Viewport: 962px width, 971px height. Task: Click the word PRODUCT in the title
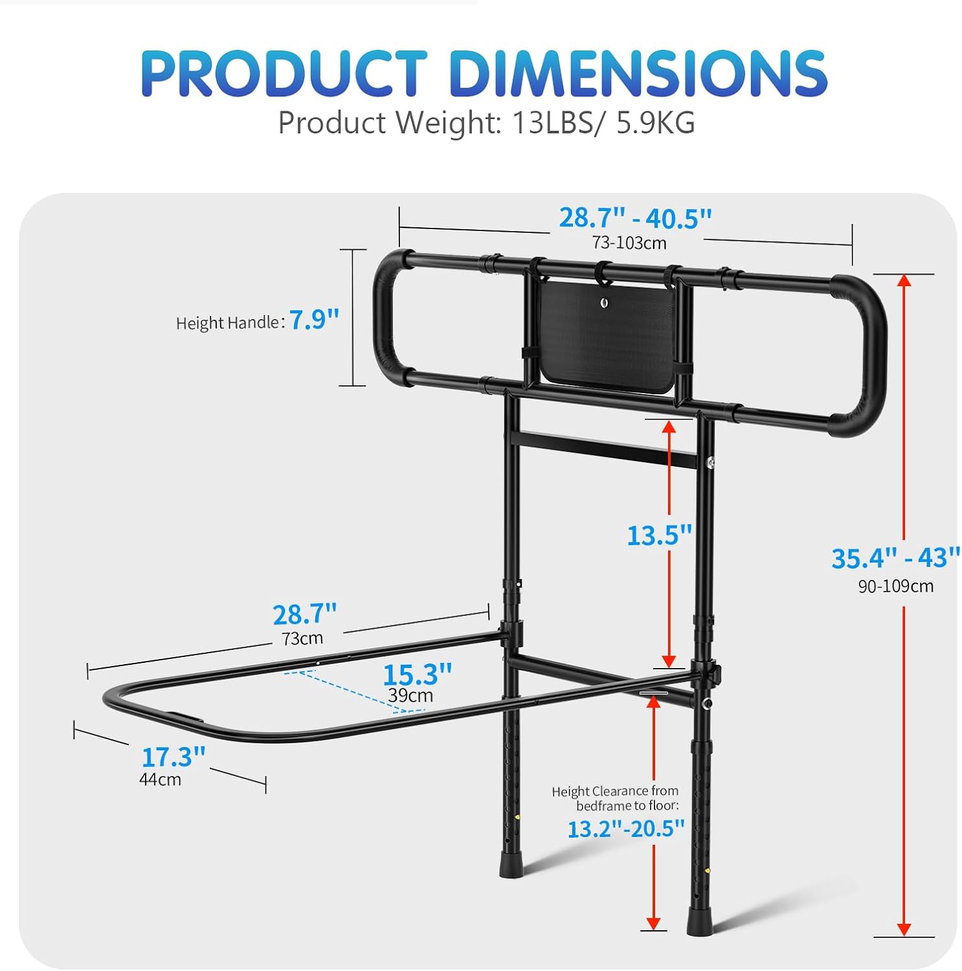(x=284, y=73)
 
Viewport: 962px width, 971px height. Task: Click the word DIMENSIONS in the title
(x=638, y=73)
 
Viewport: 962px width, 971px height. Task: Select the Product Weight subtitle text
(x=486, y=122)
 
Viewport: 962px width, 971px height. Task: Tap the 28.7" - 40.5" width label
(x=635, y=218)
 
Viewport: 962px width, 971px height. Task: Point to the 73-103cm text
(x=629, y=243)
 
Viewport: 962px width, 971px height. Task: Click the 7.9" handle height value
(x=314, y=320)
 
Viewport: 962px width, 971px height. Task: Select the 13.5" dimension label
(x=659, y=535)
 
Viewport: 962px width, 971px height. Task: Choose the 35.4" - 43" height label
(x=895, y=558)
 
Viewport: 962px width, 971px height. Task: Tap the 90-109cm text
(x=895, y=586)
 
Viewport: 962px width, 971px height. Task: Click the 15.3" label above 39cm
(x=417, y=675)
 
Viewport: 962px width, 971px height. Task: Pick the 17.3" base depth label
(x=173, y=757)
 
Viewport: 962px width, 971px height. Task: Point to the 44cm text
(x=160, y=779)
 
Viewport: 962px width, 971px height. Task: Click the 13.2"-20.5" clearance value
(x=625, y=829)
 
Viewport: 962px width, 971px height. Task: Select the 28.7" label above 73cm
(x=304, y=614)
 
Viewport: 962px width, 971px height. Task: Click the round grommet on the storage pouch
(x=605, y=302)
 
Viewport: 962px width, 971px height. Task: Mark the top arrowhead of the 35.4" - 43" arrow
(x=904, y=280)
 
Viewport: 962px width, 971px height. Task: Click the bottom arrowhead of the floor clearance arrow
(x=653, y=923)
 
